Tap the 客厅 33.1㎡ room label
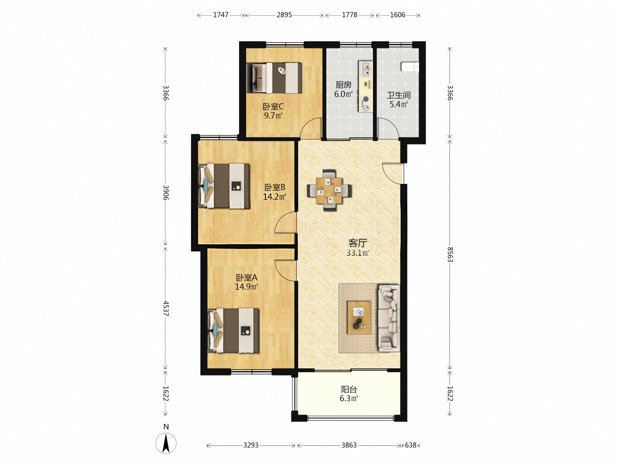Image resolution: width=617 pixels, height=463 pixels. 357,248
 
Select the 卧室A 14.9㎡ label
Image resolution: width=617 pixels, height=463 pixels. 246,282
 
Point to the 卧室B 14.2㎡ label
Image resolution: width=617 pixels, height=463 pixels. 275,192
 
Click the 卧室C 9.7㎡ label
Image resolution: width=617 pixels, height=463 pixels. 273,111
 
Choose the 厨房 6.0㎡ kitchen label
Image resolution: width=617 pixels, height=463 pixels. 344,89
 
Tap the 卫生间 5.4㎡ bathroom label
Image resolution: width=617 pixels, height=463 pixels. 398,99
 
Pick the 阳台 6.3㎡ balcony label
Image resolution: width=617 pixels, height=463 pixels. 349,394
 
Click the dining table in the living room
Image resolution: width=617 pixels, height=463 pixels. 329,190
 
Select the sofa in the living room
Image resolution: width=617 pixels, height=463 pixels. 389,319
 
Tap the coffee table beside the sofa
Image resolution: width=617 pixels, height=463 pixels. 359,318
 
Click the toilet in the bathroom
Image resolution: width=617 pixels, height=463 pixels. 410,67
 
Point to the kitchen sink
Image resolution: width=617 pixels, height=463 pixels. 366,69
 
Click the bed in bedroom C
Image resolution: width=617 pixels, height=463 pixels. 274,78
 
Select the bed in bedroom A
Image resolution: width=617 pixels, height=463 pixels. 233,331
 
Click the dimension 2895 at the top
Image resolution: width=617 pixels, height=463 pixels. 284,15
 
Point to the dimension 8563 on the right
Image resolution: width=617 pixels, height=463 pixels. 450,254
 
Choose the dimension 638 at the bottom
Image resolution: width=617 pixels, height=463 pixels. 410,445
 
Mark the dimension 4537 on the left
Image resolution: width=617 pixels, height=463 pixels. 166,308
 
